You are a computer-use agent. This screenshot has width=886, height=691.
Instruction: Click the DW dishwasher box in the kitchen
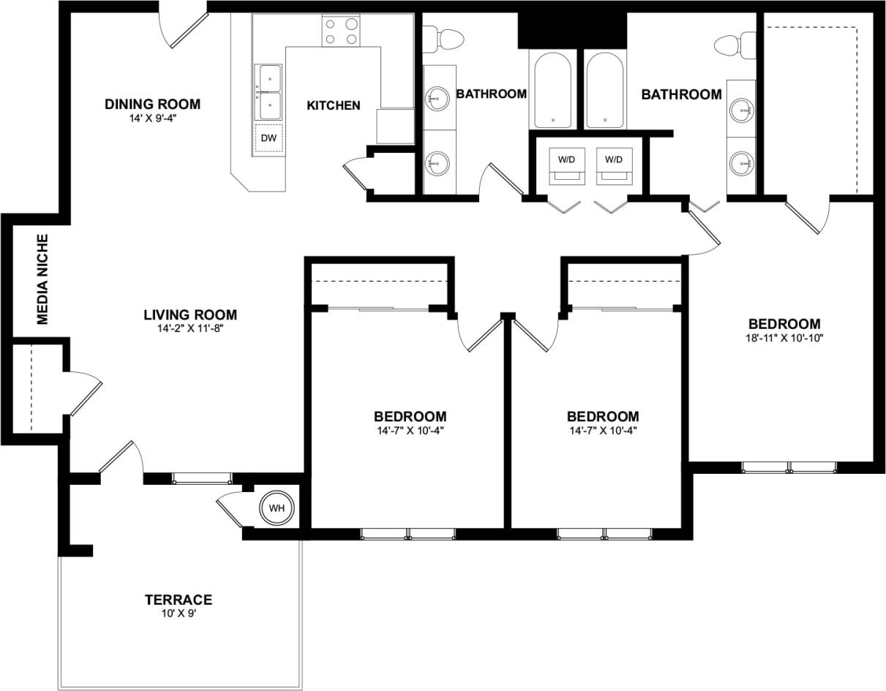(269, 138)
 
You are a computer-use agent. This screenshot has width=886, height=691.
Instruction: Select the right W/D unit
(613, 165)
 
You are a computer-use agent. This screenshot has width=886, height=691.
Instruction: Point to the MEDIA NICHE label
(42, 279)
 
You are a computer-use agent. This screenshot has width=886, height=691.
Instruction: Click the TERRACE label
(178, 600)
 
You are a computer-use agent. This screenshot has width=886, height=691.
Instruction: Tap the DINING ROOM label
(152, 104)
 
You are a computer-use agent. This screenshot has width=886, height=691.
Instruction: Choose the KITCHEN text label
(333, 105)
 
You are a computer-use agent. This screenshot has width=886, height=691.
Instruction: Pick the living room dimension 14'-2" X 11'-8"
(189, 328)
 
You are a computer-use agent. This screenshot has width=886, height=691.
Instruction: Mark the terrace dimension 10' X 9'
(178, 614)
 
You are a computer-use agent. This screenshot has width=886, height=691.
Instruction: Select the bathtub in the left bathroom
(553, 89)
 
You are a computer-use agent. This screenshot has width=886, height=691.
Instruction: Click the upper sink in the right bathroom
(743, 111)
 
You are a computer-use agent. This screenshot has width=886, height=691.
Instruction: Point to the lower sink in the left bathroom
(438, 162)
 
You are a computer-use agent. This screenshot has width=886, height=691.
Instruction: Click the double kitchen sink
(269, 91)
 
